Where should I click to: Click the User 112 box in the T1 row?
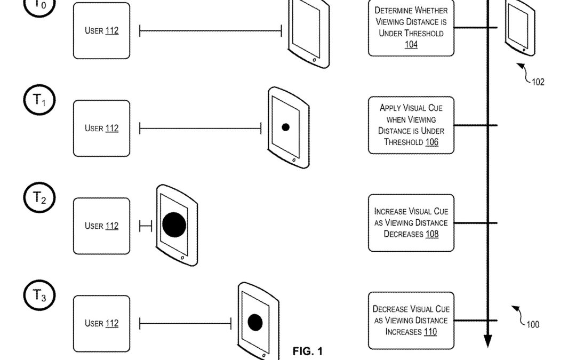click(101, 129)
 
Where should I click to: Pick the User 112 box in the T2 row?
click(101, 226)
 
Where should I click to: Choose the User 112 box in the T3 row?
click(101, 324)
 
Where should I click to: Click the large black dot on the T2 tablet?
click(174, 225)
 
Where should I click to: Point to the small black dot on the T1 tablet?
click(285, 127)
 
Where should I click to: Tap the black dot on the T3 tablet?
click(255, 322)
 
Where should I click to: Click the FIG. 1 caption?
click(308, 351)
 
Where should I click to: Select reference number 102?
click(538, 82)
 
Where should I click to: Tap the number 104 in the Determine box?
click(411, 45)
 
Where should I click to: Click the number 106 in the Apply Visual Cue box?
click(431, 142)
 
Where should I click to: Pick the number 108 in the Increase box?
click(431, 234)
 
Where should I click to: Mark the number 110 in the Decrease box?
click(430, 332)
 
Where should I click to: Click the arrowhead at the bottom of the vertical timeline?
click(487, 341)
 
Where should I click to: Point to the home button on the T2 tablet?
click(182, 258)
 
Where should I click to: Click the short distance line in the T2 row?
click(146, 226)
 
